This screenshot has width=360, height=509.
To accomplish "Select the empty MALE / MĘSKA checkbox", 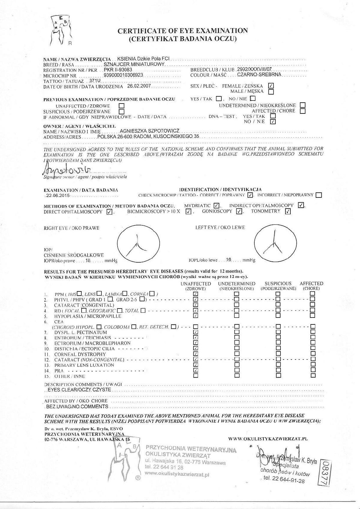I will click(271, 92).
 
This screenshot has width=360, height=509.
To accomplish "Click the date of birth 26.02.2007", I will click(139, 86).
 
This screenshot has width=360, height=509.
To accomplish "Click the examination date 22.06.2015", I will click(58, 196).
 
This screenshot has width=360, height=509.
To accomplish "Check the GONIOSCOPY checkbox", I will click(239, 211).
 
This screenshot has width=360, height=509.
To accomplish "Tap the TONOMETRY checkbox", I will click(288, 211).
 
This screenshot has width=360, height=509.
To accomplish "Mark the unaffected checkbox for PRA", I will click(196, 370).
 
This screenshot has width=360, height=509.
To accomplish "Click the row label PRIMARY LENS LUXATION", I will click(84, 365).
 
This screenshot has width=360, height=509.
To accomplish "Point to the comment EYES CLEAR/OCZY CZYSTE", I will click(79, 390).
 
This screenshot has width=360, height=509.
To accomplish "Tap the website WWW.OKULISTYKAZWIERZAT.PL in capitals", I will click(268, 439).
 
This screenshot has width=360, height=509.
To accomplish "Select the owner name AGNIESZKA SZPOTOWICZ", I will click(149, 131).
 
